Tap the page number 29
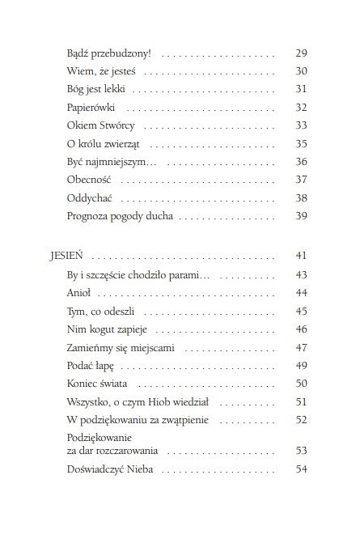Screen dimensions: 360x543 pos(301,53)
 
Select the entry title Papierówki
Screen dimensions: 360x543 pos(92,107)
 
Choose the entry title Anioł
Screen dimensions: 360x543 pos(79,292)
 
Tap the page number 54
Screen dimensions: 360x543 pos(301,469)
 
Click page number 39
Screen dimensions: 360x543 pos(301,216)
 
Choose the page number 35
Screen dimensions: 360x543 pos(301,143)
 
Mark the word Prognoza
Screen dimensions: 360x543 pos(90,217)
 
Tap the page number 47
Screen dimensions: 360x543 pos(301,346)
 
